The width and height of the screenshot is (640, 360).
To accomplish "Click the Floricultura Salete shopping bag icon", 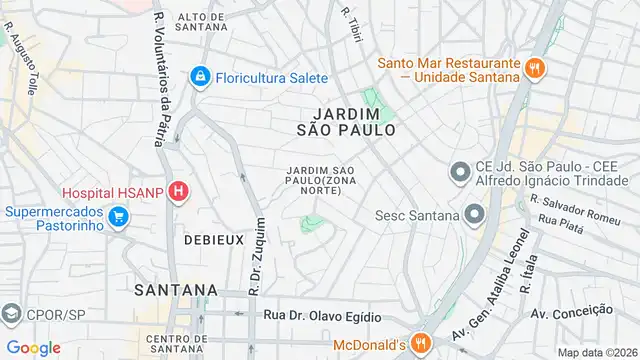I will [200, 76].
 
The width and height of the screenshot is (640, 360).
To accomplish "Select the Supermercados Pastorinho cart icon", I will [119, 217].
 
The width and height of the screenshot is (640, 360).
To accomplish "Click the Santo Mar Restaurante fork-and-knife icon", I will [536, 68].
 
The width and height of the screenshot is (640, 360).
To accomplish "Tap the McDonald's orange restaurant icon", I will [421, 344].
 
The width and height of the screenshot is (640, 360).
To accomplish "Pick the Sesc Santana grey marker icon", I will [473, 215].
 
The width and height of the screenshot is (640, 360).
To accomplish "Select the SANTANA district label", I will [174, 289].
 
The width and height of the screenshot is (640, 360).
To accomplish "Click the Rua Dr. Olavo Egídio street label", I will [322, 316].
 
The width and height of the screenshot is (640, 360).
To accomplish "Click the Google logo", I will [34, 348].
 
